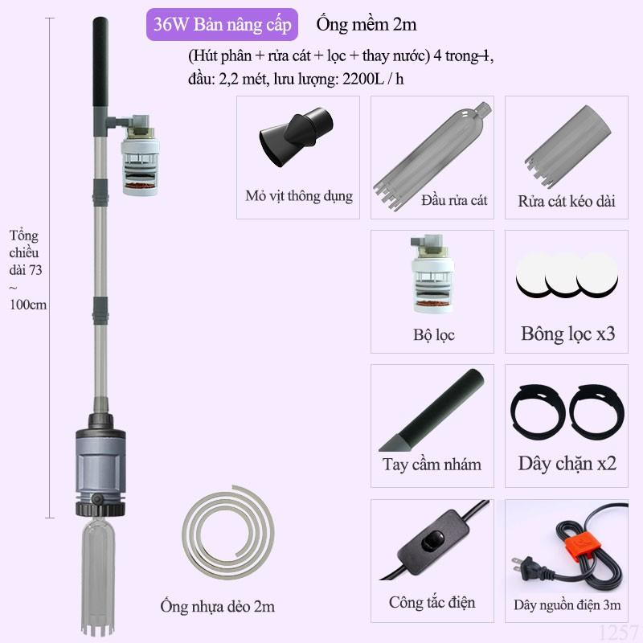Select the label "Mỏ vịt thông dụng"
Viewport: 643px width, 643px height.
point(299,195)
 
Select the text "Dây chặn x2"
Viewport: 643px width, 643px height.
point(567,464)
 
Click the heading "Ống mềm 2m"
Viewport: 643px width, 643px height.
point(366,24)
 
